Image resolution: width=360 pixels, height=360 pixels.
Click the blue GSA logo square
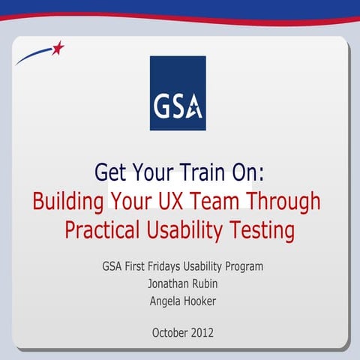click(177, 93)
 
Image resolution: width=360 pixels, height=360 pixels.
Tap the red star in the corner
click(58, 49)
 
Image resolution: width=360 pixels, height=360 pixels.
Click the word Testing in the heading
click(257, 230)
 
